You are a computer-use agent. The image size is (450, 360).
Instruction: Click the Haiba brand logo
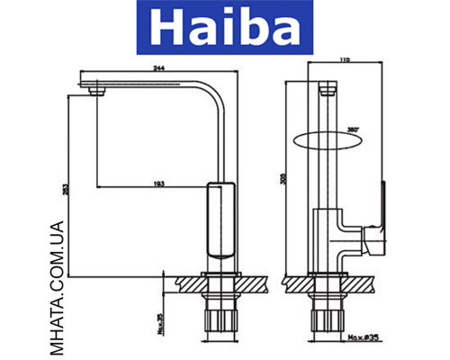[225, 29]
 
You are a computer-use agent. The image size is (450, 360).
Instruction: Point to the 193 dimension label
[158, 184]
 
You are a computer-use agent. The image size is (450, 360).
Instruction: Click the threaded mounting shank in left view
[220, 319]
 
